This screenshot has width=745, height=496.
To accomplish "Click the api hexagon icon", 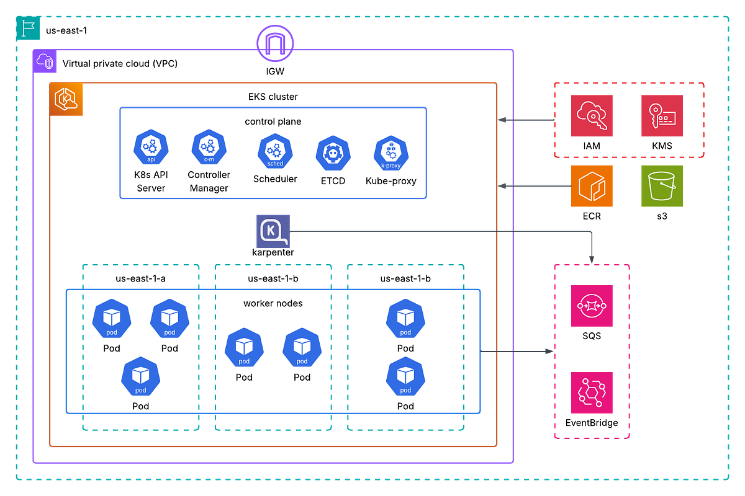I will click(151, 148).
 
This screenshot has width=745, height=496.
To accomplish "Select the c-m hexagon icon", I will click(209, 148).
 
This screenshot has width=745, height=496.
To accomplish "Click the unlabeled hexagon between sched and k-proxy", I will click(333, 153).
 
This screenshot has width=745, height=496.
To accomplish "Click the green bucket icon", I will click(662, 186).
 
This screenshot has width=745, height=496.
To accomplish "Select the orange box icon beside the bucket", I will click(592, 186).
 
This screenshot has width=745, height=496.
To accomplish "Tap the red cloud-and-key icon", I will click(592, 115).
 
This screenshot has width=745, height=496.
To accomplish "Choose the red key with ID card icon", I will click(662, 115).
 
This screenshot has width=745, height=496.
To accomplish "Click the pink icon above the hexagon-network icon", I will click(591, 306).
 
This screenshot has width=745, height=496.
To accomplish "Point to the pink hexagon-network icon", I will click(591, 392).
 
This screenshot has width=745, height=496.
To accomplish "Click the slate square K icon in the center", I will click(273, 231).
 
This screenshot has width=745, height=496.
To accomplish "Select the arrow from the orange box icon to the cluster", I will click(534, 186).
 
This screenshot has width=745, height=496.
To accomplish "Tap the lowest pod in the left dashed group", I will click(141, 376).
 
